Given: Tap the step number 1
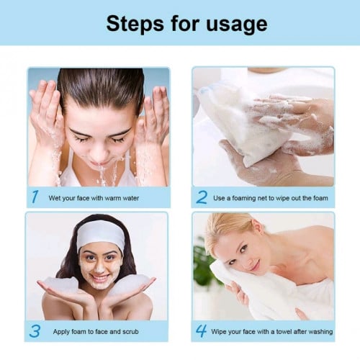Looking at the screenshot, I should click(35, 195).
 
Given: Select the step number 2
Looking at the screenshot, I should click(202, 196).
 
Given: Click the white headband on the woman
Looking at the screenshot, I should click(101, 234).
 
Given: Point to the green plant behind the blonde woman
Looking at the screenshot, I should click(205, 263).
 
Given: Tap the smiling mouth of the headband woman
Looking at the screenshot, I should click(100, 277).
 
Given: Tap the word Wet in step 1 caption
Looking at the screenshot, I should click(55, 197).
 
